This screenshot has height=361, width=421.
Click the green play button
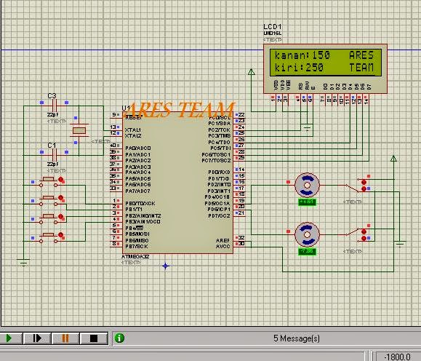pos(11,338)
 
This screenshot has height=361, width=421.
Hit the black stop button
pos(93,338)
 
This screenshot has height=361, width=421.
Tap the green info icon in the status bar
pos(119,338)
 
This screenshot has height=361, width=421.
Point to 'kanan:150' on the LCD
pos(302,55)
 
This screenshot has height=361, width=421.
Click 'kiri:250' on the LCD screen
pos(300,68)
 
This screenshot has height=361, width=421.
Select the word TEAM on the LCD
pos(361,68)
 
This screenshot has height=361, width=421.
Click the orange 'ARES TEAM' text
pos(180,109)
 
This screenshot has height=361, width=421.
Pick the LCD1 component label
pos(272,27)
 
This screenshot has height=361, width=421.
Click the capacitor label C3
pos(52,96)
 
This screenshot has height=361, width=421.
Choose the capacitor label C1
pos(52,146)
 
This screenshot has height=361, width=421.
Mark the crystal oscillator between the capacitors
pos(79,130)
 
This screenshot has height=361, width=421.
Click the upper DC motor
pos(308,185)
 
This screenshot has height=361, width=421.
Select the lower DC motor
pos(308,234)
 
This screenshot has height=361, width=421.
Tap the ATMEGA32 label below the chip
pos(135,257)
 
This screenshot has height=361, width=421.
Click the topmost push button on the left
pos(50,180)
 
